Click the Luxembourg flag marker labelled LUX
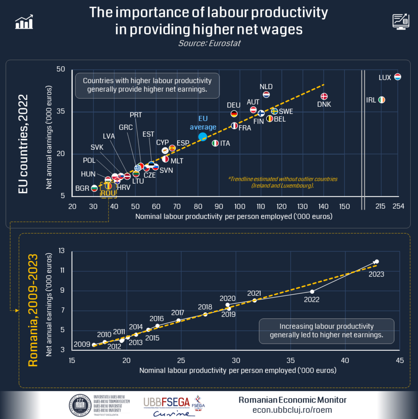click(397, 77)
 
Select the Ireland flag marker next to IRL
click(382, 100)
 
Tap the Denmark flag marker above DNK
click(324, 97)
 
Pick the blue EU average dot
click(202, 137)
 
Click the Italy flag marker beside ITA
click(215, 143)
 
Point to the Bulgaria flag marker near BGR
click(94, 188)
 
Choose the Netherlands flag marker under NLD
click(266, 95)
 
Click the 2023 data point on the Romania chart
click(377, 261)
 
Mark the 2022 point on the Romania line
click(312, 291)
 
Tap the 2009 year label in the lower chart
click(82, 345)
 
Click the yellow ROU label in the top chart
click(108, 193)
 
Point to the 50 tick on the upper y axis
click(61, 69)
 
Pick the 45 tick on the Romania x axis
click(400, 360)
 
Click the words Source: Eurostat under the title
click(209, 43)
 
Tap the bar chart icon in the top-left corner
click(24, 23)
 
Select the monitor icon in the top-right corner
click(400, 21)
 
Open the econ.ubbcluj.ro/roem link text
click(292, 410)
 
